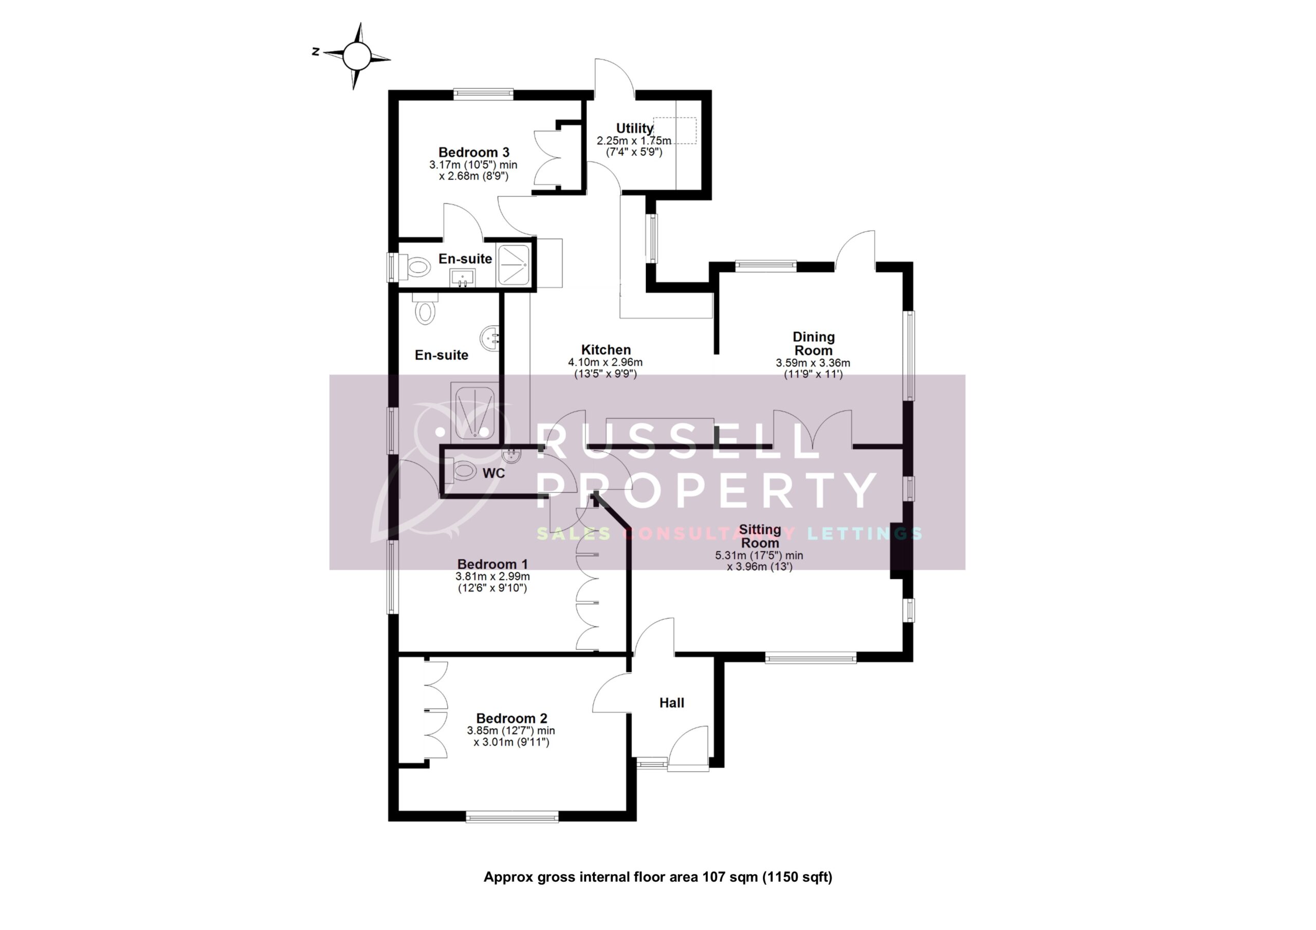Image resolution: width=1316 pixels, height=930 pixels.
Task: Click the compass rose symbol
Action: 357,55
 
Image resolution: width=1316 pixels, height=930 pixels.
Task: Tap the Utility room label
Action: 634,128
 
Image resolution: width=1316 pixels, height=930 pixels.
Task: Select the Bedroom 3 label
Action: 473,153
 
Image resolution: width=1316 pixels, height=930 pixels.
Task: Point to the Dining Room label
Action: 813,343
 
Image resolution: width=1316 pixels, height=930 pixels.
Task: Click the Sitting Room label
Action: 759,536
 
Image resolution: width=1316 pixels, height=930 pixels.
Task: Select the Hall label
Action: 671,702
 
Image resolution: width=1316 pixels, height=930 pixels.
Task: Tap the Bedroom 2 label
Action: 511,718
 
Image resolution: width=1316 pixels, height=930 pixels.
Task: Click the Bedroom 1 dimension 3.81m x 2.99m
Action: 492,576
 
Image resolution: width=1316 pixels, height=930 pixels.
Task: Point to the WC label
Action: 493,473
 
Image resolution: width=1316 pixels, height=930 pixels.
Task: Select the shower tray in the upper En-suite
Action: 514,264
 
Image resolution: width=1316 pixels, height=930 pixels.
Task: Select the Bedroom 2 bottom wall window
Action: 512,816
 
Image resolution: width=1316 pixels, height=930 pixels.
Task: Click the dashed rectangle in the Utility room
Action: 674,131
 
